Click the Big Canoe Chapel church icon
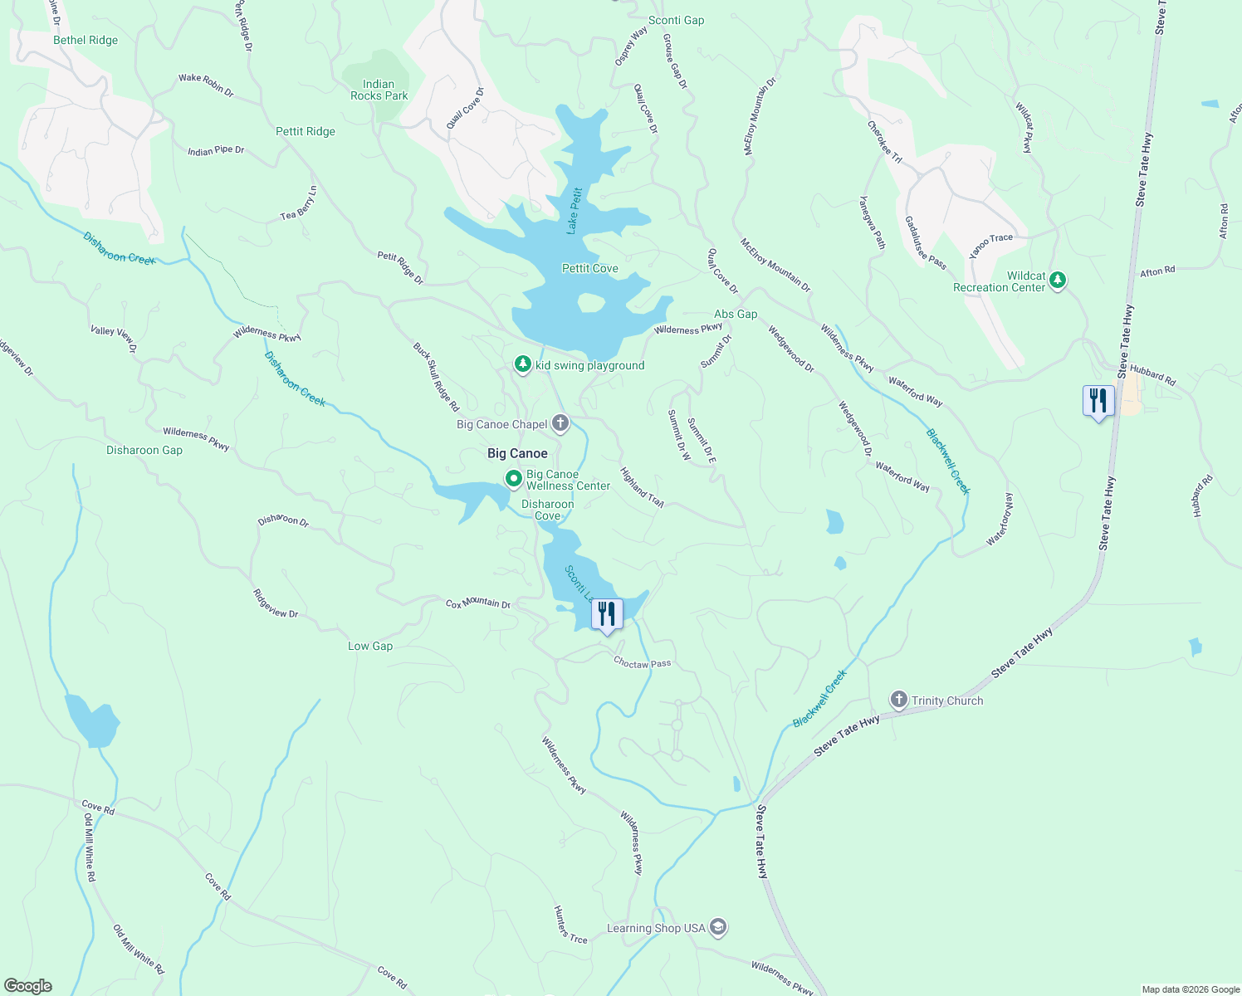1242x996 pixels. (x=560, y=424)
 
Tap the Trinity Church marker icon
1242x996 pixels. (x=898, y=700)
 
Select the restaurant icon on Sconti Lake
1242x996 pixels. (x=607, y=615)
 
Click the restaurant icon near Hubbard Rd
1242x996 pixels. (x=1098, y=402)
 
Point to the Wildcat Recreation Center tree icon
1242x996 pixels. (x=1058, y=281)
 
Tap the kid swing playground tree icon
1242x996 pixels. (x=522, y=364)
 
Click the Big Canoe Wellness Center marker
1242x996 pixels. (x=514, y=479)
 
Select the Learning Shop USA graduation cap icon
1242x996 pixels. (x=718, y=927)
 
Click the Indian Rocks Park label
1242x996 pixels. (x=379, y=90)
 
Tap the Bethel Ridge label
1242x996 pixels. (x=86, y=40)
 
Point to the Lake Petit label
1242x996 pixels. (x=574, y=211)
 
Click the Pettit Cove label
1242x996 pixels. (x=589, y=268)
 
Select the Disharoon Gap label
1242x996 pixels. (x=144, y=450)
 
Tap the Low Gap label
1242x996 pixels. (x=370, y=646)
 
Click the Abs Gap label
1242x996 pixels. (x=736, y=314)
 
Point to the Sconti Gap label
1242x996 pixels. (x=676, y=20)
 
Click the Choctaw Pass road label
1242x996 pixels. (x=642, y=662)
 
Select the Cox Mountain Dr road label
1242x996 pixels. (x=478, y=603)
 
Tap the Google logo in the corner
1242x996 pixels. (x=27, y=985)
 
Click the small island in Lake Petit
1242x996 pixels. (x=590, y=304)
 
